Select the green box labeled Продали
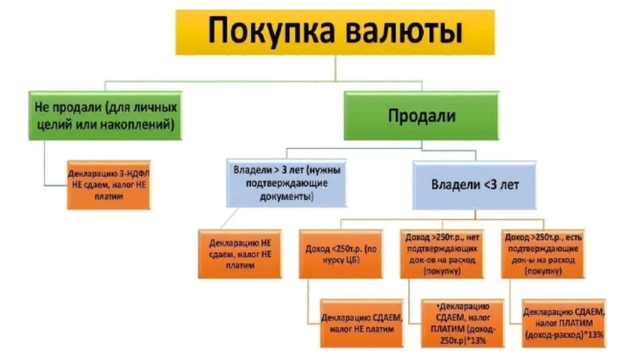[x=421, y=116]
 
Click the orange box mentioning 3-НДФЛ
[x=109, y=184]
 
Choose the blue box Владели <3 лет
[x=475, y=184]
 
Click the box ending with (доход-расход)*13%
[x=563, y=323]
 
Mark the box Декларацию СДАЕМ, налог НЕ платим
[x=361, y=323]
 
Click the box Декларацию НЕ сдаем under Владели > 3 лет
[x=240, y=253]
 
